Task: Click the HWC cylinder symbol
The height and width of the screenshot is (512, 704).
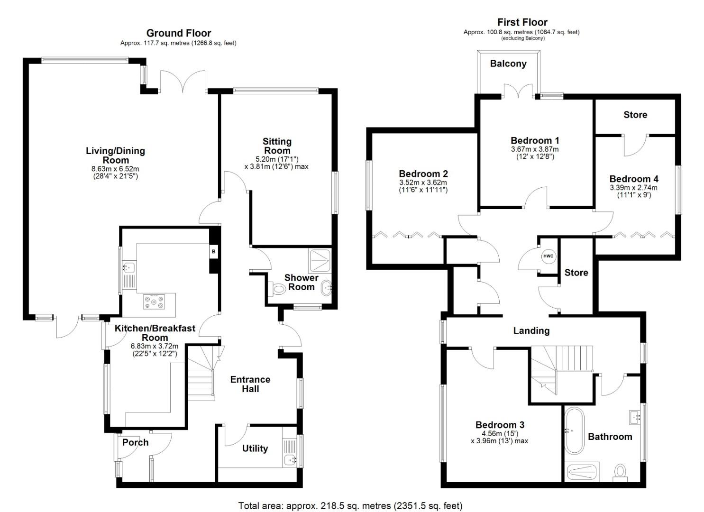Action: click(x=548, y=256)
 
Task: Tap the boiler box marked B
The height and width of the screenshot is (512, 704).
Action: click(x=213, y=252)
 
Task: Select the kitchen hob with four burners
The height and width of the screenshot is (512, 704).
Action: click(x=155, y=302)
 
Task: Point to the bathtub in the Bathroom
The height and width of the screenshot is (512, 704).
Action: click(x=575, y=431)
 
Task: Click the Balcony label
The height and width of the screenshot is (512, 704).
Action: click(x=508, y=64)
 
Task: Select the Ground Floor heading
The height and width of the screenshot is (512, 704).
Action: click(x=178, y=33)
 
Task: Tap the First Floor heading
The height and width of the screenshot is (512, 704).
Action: click(x=522, y=22)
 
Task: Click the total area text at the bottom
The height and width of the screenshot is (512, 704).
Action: click(x=350, y=506)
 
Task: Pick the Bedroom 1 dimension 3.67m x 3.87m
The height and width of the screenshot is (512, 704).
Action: click(x=535, y=149)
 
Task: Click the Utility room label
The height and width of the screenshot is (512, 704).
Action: click(x=255, y=448)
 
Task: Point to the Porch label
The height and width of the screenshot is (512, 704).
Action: click(x=135, y=442)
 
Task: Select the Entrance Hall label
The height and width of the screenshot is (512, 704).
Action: click(x=250, y=384)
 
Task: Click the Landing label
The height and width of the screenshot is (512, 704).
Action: click(x=531, y=331)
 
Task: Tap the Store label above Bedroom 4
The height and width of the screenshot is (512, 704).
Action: click(x=635, y=115)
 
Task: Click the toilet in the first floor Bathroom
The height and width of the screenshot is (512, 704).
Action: click(x=620, y=472)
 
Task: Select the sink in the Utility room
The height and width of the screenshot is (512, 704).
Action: click(x=290, y=459)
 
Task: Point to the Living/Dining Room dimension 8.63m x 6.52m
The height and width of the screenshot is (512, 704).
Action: click(x=115, y=169)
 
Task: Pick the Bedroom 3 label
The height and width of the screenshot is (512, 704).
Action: click(x=500, y=425)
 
